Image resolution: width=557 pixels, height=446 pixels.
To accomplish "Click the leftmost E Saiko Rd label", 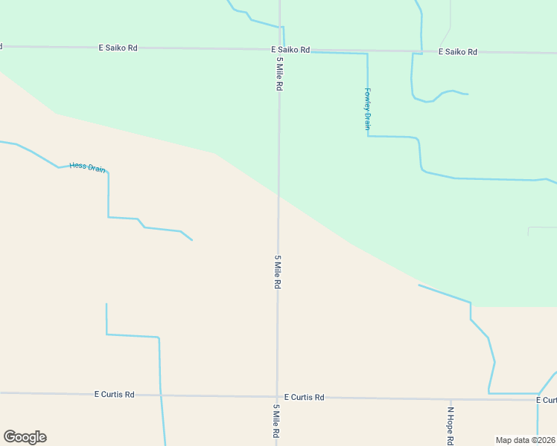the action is (x=118, y=48).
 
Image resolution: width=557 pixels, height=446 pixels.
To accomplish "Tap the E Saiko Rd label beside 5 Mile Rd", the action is (x=290, y=50).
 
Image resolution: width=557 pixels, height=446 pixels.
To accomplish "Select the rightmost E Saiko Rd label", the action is (x=457, y=52).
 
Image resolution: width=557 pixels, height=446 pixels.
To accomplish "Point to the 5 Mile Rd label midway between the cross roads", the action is (x=277, y=272).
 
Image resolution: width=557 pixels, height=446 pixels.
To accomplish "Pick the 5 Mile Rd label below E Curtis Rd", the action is (x=276, y=421).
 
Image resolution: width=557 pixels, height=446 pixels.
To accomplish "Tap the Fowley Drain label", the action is (x=367, y=109).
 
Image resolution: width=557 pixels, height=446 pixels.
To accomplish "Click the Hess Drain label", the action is (x=87, y=167).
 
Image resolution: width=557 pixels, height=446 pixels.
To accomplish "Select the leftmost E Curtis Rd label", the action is (x=115, y=394).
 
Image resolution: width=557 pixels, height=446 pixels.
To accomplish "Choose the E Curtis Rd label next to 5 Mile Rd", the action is (x=304, y=397).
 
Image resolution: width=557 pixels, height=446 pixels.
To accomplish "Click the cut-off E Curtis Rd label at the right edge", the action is (x=546, y=400).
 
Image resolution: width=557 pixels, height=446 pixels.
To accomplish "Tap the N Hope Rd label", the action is (x=450, y=425).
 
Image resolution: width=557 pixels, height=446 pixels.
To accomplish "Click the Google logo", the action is (x=25, y=437).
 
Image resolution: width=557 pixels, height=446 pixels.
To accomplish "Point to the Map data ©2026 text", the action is (x=526, y=440).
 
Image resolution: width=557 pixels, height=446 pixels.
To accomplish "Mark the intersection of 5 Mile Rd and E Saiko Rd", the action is (x=280, y=50).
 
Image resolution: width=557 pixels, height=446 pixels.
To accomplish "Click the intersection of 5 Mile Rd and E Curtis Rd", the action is (x=277, y=396).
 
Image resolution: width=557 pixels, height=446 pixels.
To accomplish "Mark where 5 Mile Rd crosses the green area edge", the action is (x=278, y=196).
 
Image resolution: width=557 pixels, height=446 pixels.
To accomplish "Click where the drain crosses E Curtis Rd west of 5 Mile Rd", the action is (x=160, y=394).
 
